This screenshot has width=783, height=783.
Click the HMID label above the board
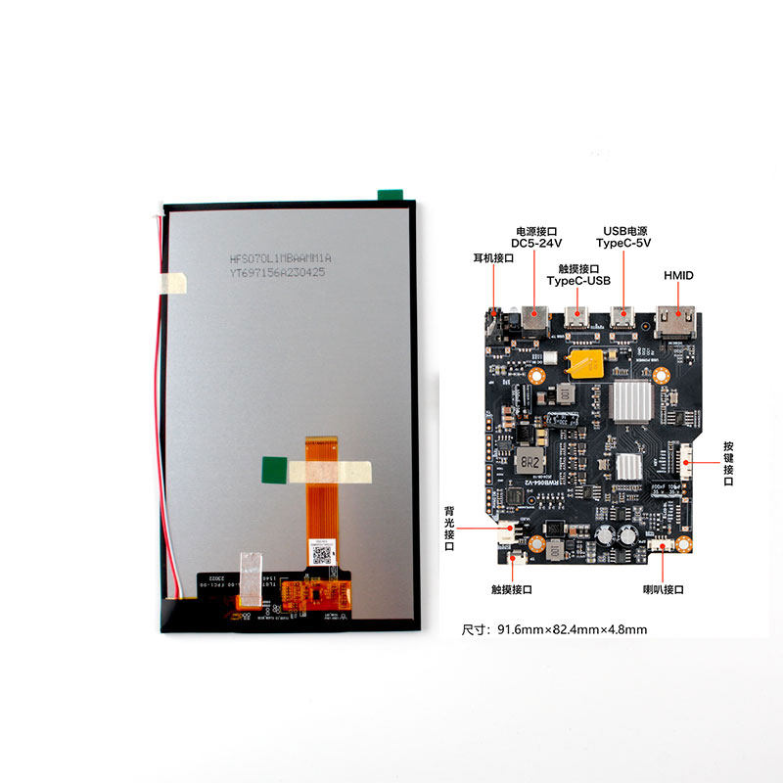point(678,275)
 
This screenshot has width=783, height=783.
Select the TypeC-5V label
point(624,243)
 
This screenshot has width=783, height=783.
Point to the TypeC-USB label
point(578,280)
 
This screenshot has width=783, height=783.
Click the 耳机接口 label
point(492,258)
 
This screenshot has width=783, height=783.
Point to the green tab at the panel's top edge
point(391,193)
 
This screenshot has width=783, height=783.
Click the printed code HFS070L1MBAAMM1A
point(281,258)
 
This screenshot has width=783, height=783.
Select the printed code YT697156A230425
point(278,274)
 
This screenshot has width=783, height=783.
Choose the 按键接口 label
point(728,462)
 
